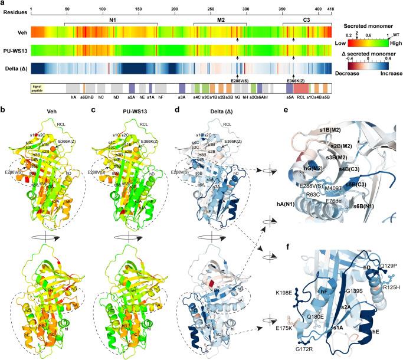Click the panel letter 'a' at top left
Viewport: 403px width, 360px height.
pyautogui.click(x=3, y=4)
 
